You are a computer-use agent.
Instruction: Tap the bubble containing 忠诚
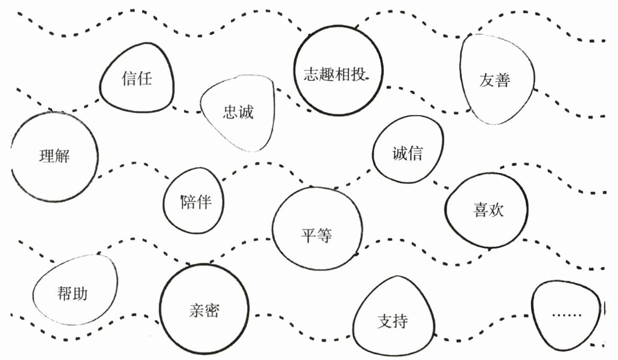pyautogui.click(x=238, y=112)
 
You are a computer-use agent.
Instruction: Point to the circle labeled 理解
pyautogui.click(x=54, y=156)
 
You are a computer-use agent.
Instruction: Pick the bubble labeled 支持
pyautogui.click(x=393, y=320)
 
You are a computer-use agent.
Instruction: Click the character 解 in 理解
pyautogui.click(x=62, y=156)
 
